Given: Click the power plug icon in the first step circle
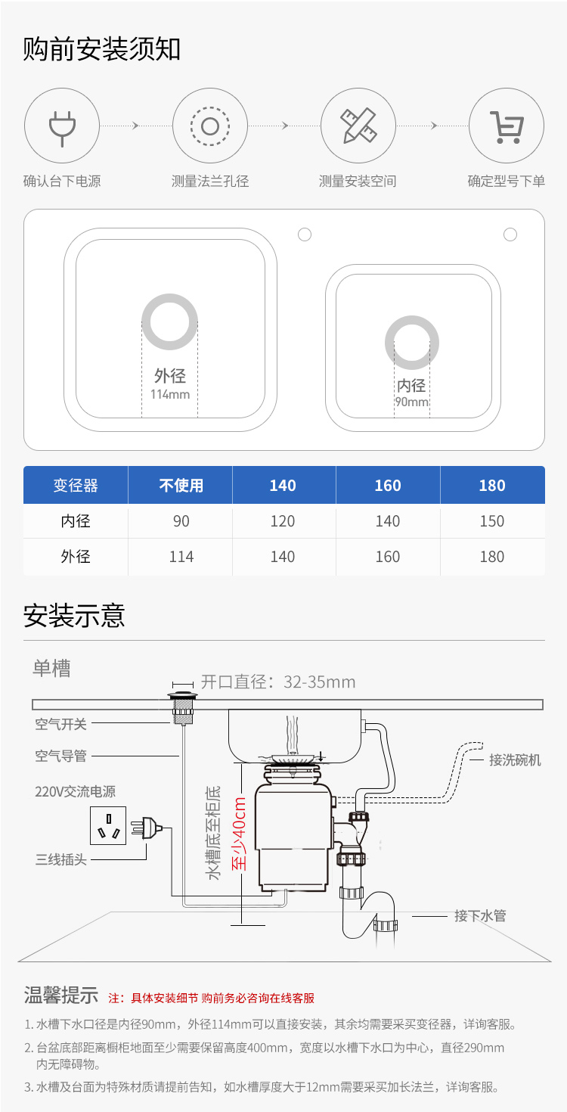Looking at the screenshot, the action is click(x=62, y=128).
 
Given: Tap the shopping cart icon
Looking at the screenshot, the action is click(x=507, y=127).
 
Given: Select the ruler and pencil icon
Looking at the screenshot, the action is click(x=358, y=126).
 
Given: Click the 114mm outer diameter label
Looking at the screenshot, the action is click(x=170, y=394).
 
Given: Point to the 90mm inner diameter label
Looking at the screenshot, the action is click(x=412, y=402).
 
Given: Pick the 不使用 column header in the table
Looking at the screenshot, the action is click(x=181, y=485).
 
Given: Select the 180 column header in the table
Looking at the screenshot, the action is click(x=492, y=485).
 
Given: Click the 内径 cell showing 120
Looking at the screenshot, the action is click(x=283, y=521).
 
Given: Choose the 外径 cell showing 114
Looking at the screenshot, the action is click(x=181, y=557).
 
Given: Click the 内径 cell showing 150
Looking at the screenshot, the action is click(x=492, y=521).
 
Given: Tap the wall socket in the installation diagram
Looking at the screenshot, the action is click(x=107, y=825).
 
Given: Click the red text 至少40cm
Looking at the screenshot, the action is click(x=239, y=834).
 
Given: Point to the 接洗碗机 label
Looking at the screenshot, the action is click(x=515, y=760).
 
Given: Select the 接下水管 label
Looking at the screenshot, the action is click(x=480, y=915).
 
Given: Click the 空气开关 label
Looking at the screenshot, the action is click(x=60, y=724).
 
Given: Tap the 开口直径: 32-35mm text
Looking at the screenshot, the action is click(x=278, y=682).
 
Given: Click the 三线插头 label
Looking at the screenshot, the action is click(x=60, y=859).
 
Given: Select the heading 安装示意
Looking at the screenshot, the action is click(x=74, y=616).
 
